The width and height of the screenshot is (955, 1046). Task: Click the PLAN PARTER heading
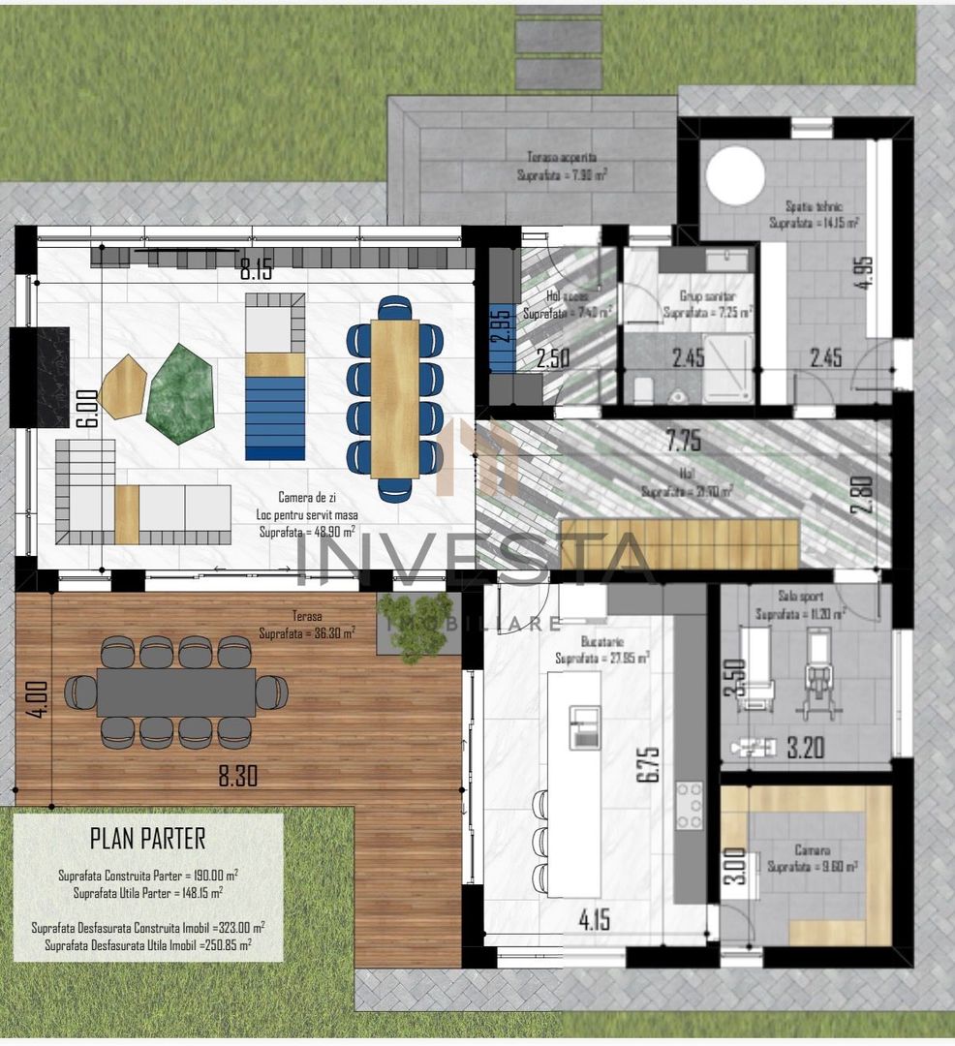tap(147, 837)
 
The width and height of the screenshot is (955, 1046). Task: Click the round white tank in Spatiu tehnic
tap(735, 175)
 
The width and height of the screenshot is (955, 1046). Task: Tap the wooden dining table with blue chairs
tap(394, 399)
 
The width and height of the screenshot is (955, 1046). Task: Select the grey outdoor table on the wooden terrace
tap(175, 692)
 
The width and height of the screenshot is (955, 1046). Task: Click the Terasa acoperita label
tap(561, 157)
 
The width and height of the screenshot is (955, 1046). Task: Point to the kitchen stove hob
tap(689, 806)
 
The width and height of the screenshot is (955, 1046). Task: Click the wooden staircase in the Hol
tap(680, 544)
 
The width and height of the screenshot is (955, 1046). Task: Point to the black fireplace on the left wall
tap(40, 377)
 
